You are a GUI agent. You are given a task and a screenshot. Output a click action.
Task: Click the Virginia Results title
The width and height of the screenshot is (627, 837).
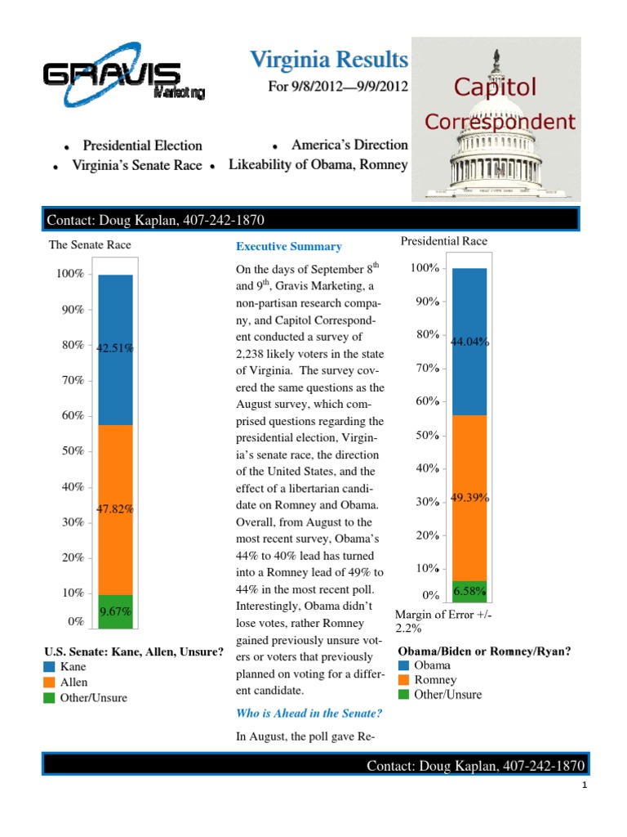point(327,60)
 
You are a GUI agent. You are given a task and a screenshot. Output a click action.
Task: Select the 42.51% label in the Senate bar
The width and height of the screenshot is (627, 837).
point(115,348)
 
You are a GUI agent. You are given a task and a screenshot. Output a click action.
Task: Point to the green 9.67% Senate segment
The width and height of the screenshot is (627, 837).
point(115,611)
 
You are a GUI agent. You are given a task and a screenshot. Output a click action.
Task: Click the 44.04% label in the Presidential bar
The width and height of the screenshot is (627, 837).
point(469,342)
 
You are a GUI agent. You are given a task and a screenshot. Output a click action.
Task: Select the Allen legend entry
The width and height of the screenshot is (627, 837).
point(74,683)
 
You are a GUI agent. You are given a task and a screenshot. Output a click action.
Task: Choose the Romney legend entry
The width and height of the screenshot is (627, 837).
point(435,680)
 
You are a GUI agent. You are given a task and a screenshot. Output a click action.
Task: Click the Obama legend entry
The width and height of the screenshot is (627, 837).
point(432,665)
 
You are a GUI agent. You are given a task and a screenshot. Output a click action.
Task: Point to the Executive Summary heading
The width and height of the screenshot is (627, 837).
point(289,246)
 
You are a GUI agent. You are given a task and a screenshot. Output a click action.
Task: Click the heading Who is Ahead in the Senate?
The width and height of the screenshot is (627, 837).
point(308,714)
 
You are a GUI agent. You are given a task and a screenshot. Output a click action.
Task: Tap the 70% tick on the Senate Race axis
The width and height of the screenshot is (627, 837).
point(73,380)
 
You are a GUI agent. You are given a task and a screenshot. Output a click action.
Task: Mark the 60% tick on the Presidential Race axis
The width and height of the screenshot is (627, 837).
point(427,401)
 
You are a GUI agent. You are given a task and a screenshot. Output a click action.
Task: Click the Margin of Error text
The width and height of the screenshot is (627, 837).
point(444,621)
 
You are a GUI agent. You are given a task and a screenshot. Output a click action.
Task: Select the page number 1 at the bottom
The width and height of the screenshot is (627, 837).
point(585,786)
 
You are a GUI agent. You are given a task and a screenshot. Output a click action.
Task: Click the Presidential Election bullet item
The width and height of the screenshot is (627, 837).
point(142,145)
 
